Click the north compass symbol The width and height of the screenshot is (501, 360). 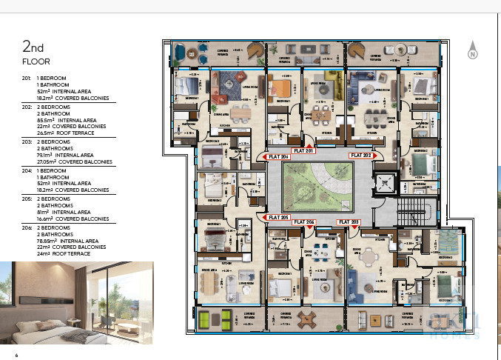pos(472,53)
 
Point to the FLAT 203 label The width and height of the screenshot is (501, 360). pos(350,222)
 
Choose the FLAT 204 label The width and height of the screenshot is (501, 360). pos(304,222)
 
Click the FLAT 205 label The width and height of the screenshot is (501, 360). pos(278,217)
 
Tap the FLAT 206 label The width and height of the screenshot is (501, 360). pos(278,157)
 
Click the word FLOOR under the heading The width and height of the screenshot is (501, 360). pos(36,61)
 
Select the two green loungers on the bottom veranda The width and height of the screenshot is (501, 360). pos(214,319)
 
